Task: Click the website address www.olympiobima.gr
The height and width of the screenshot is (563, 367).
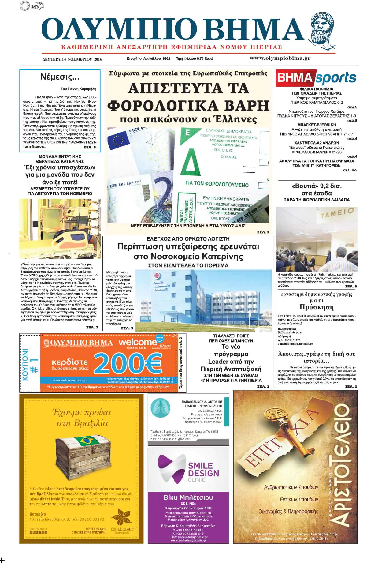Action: [280, 58]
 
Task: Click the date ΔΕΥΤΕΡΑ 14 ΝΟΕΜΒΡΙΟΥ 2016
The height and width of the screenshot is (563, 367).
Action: [72, 59]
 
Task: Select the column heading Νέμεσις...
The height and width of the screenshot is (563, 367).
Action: [60, 77]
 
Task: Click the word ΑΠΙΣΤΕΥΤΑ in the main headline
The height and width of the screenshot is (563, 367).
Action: [188, 89]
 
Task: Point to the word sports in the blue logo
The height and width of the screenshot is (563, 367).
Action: [335, 78]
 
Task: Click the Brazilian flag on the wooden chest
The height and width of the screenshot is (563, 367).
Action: [85, 441]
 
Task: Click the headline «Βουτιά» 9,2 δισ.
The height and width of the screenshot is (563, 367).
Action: [316, 186]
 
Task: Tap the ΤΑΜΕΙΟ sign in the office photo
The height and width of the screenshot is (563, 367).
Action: [337, 213]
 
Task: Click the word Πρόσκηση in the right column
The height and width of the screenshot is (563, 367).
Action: [317, 307]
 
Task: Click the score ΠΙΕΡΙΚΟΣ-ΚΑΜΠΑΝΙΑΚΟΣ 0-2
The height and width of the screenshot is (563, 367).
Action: [316, 103]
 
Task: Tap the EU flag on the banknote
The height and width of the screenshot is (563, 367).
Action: [118, 140]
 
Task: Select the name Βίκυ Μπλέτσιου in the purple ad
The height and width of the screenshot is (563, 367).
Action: [188, 497]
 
